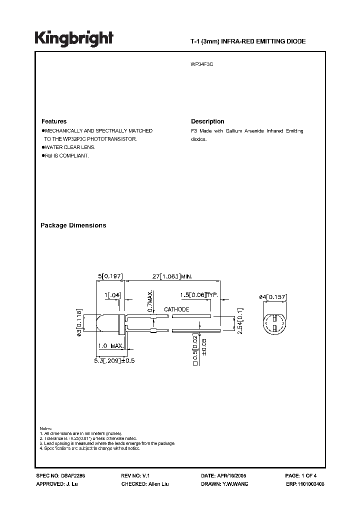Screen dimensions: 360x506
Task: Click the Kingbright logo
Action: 74,38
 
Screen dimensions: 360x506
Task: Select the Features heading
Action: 53,121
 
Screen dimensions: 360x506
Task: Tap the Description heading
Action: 207,121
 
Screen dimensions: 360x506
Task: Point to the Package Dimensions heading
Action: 73,225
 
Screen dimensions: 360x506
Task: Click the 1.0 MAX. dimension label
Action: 109,346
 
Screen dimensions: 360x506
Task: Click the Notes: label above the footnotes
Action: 45,429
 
